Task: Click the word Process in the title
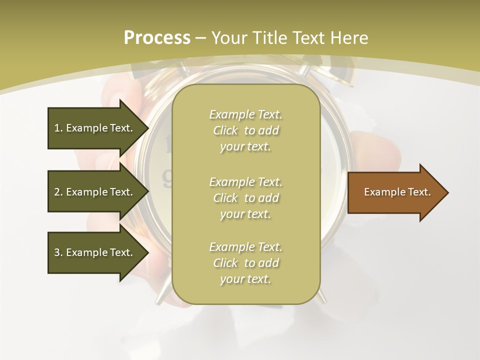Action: pyautogui.click(x=157, y=38)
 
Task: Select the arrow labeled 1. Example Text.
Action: pyautogui.click(x=95, y=128)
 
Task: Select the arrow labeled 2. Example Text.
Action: pyautogui.click(x=95, y=192)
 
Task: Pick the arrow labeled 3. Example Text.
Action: pyautogui.click(x=95, y=252)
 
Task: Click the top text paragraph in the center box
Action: pyautogui.click(x=245, y=130)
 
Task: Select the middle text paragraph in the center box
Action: pyautogui.click(x=245, y=198)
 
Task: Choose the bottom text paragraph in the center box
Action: pyautogui.click(x=245, y=263)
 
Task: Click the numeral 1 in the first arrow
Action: pyautogui.click(x=56, y=128)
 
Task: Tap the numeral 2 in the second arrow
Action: pyautogui.click(x=56, y=192)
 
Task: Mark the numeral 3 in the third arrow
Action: pyautogui.click(x=56, y=252)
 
